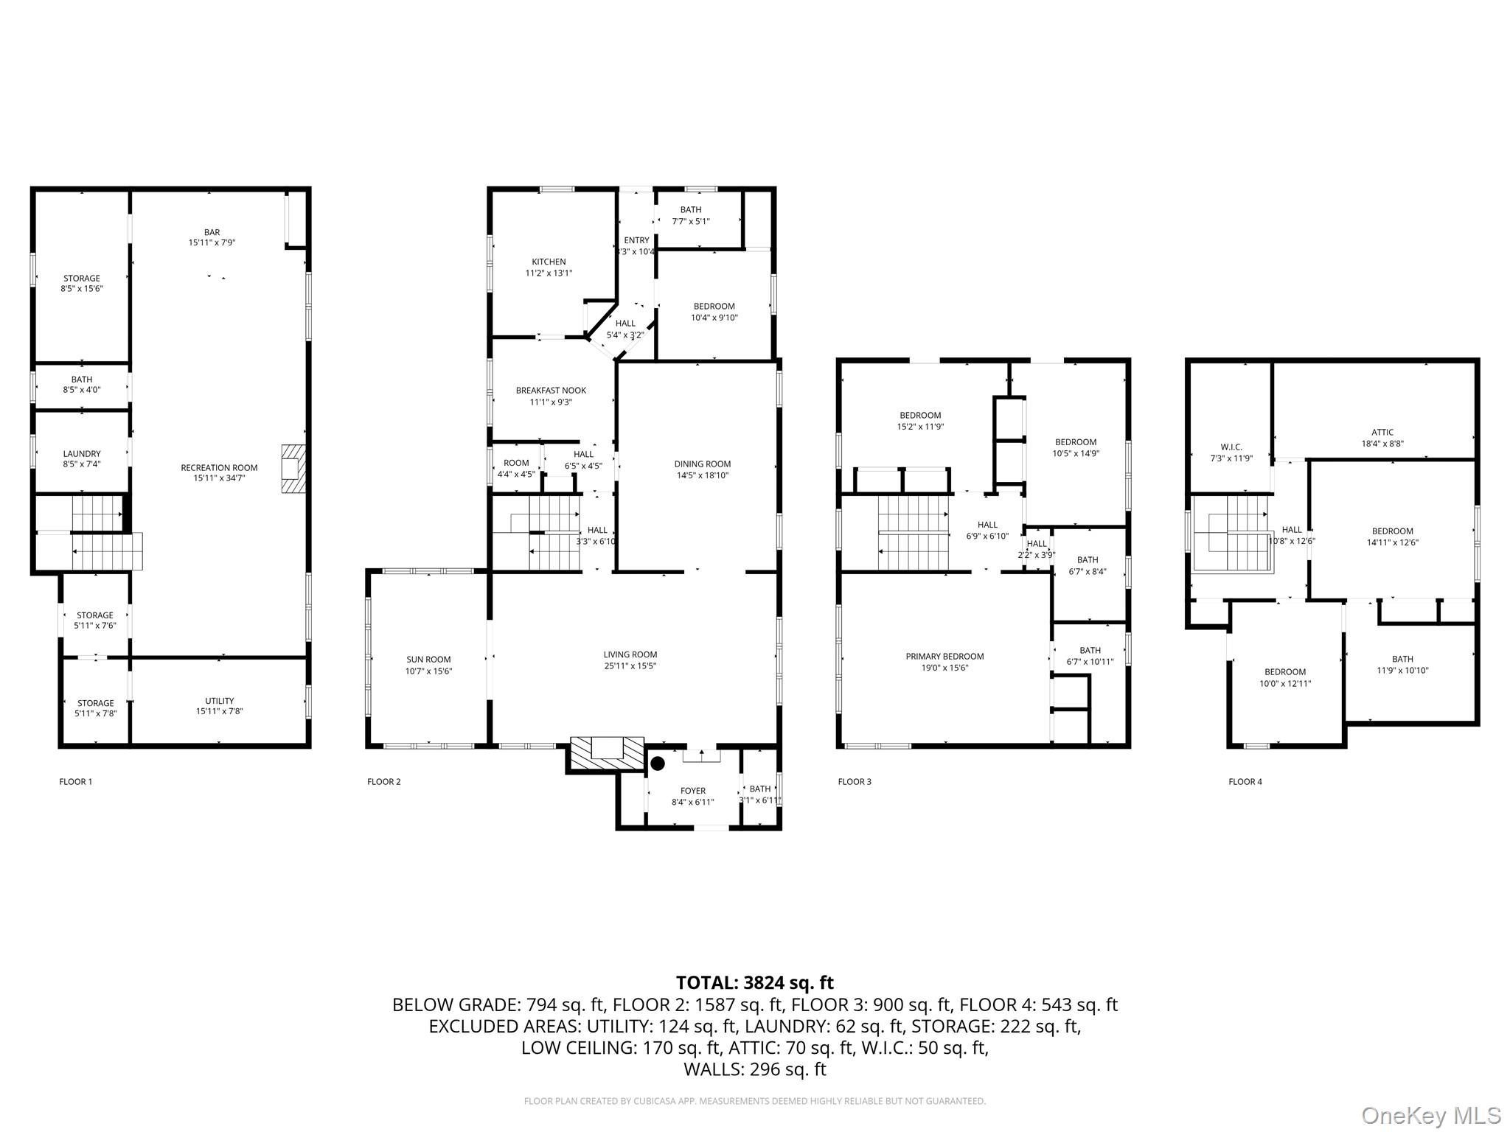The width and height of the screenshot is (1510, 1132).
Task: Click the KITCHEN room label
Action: coord(549,262)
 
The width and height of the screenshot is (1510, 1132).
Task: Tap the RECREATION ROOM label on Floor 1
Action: coord(219,467)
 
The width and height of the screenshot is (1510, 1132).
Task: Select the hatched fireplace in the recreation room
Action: coord(293,469)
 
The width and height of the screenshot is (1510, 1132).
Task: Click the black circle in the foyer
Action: coord(658,763)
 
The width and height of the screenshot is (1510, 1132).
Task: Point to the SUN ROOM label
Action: coord(428,660)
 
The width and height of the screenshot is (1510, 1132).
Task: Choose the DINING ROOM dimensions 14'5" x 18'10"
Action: coord(702,475)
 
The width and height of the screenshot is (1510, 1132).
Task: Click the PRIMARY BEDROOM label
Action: coord(944,656)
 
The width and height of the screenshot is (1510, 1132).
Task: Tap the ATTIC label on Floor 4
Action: coord(1382,433)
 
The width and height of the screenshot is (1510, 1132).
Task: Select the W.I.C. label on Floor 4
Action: coord(1231,447)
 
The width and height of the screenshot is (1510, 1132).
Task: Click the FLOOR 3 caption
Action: coord(854,781)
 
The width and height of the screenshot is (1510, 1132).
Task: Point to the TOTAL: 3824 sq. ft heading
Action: coord(754,982)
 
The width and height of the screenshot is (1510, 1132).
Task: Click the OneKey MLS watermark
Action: coord(1430,1115)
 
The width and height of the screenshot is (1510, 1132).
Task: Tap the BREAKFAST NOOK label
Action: coord(551,391)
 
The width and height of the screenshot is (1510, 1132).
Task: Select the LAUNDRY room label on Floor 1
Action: coord(82,453)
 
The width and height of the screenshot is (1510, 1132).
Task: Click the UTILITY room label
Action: coord(219,700)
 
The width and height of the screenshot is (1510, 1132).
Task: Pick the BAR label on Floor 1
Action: coord(212,232)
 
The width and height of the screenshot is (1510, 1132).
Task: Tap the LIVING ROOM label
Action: coord(630,654)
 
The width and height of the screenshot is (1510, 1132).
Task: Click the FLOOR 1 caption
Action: coord(75,781)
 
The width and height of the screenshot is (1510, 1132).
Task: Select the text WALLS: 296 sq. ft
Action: coord(754,1069)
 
